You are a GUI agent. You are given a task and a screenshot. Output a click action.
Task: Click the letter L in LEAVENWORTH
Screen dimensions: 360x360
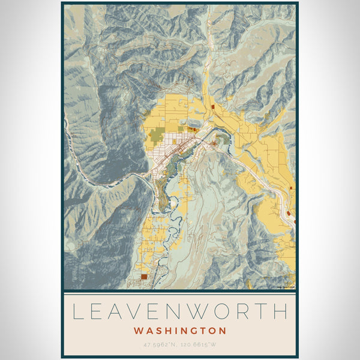[x=79, y=311]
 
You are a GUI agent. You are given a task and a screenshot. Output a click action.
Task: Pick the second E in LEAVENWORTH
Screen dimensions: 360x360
[x=164, y=311]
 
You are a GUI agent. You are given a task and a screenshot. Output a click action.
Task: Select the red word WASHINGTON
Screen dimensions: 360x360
[x=180, y=331]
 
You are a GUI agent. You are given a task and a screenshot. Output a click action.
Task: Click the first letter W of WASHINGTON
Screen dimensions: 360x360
[x=139, y=331]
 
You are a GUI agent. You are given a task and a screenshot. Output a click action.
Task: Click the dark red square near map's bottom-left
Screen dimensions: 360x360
[x=144, y=277]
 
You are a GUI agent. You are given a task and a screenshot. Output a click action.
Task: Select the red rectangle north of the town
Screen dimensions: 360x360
[x=212, y=107]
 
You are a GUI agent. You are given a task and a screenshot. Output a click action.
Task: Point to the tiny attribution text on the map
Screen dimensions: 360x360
[x=285, y=287]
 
